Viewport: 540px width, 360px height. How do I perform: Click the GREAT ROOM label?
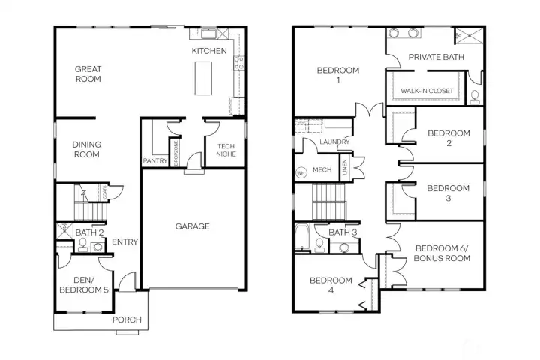88,74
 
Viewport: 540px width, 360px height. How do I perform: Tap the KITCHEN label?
209,51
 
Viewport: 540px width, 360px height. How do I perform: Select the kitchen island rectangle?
203,78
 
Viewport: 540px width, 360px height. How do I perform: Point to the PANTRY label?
154,160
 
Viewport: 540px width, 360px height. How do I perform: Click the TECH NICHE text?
226,150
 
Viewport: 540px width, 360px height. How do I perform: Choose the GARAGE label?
193,226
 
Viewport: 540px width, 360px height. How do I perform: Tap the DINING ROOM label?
86,149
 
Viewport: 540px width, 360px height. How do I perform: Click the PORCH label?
127,319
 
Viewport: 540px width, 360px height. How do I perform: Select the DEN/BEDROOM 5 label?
80,284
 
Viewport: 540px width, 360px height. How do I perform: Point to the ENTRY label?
124,241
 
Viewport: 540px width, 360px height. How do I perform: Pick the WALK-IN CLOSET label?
427,91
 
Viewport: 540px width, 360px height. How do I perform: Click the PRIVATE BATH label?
436,57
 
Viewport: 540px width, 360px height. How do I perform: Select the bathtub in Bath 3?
302,237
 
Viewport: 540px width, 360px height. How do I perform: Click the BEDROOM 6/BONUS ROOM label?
442,253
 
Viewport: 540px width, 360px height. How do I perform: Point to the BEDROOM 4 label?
331,285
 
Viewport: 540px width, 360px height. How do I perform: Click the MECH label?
322,169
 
